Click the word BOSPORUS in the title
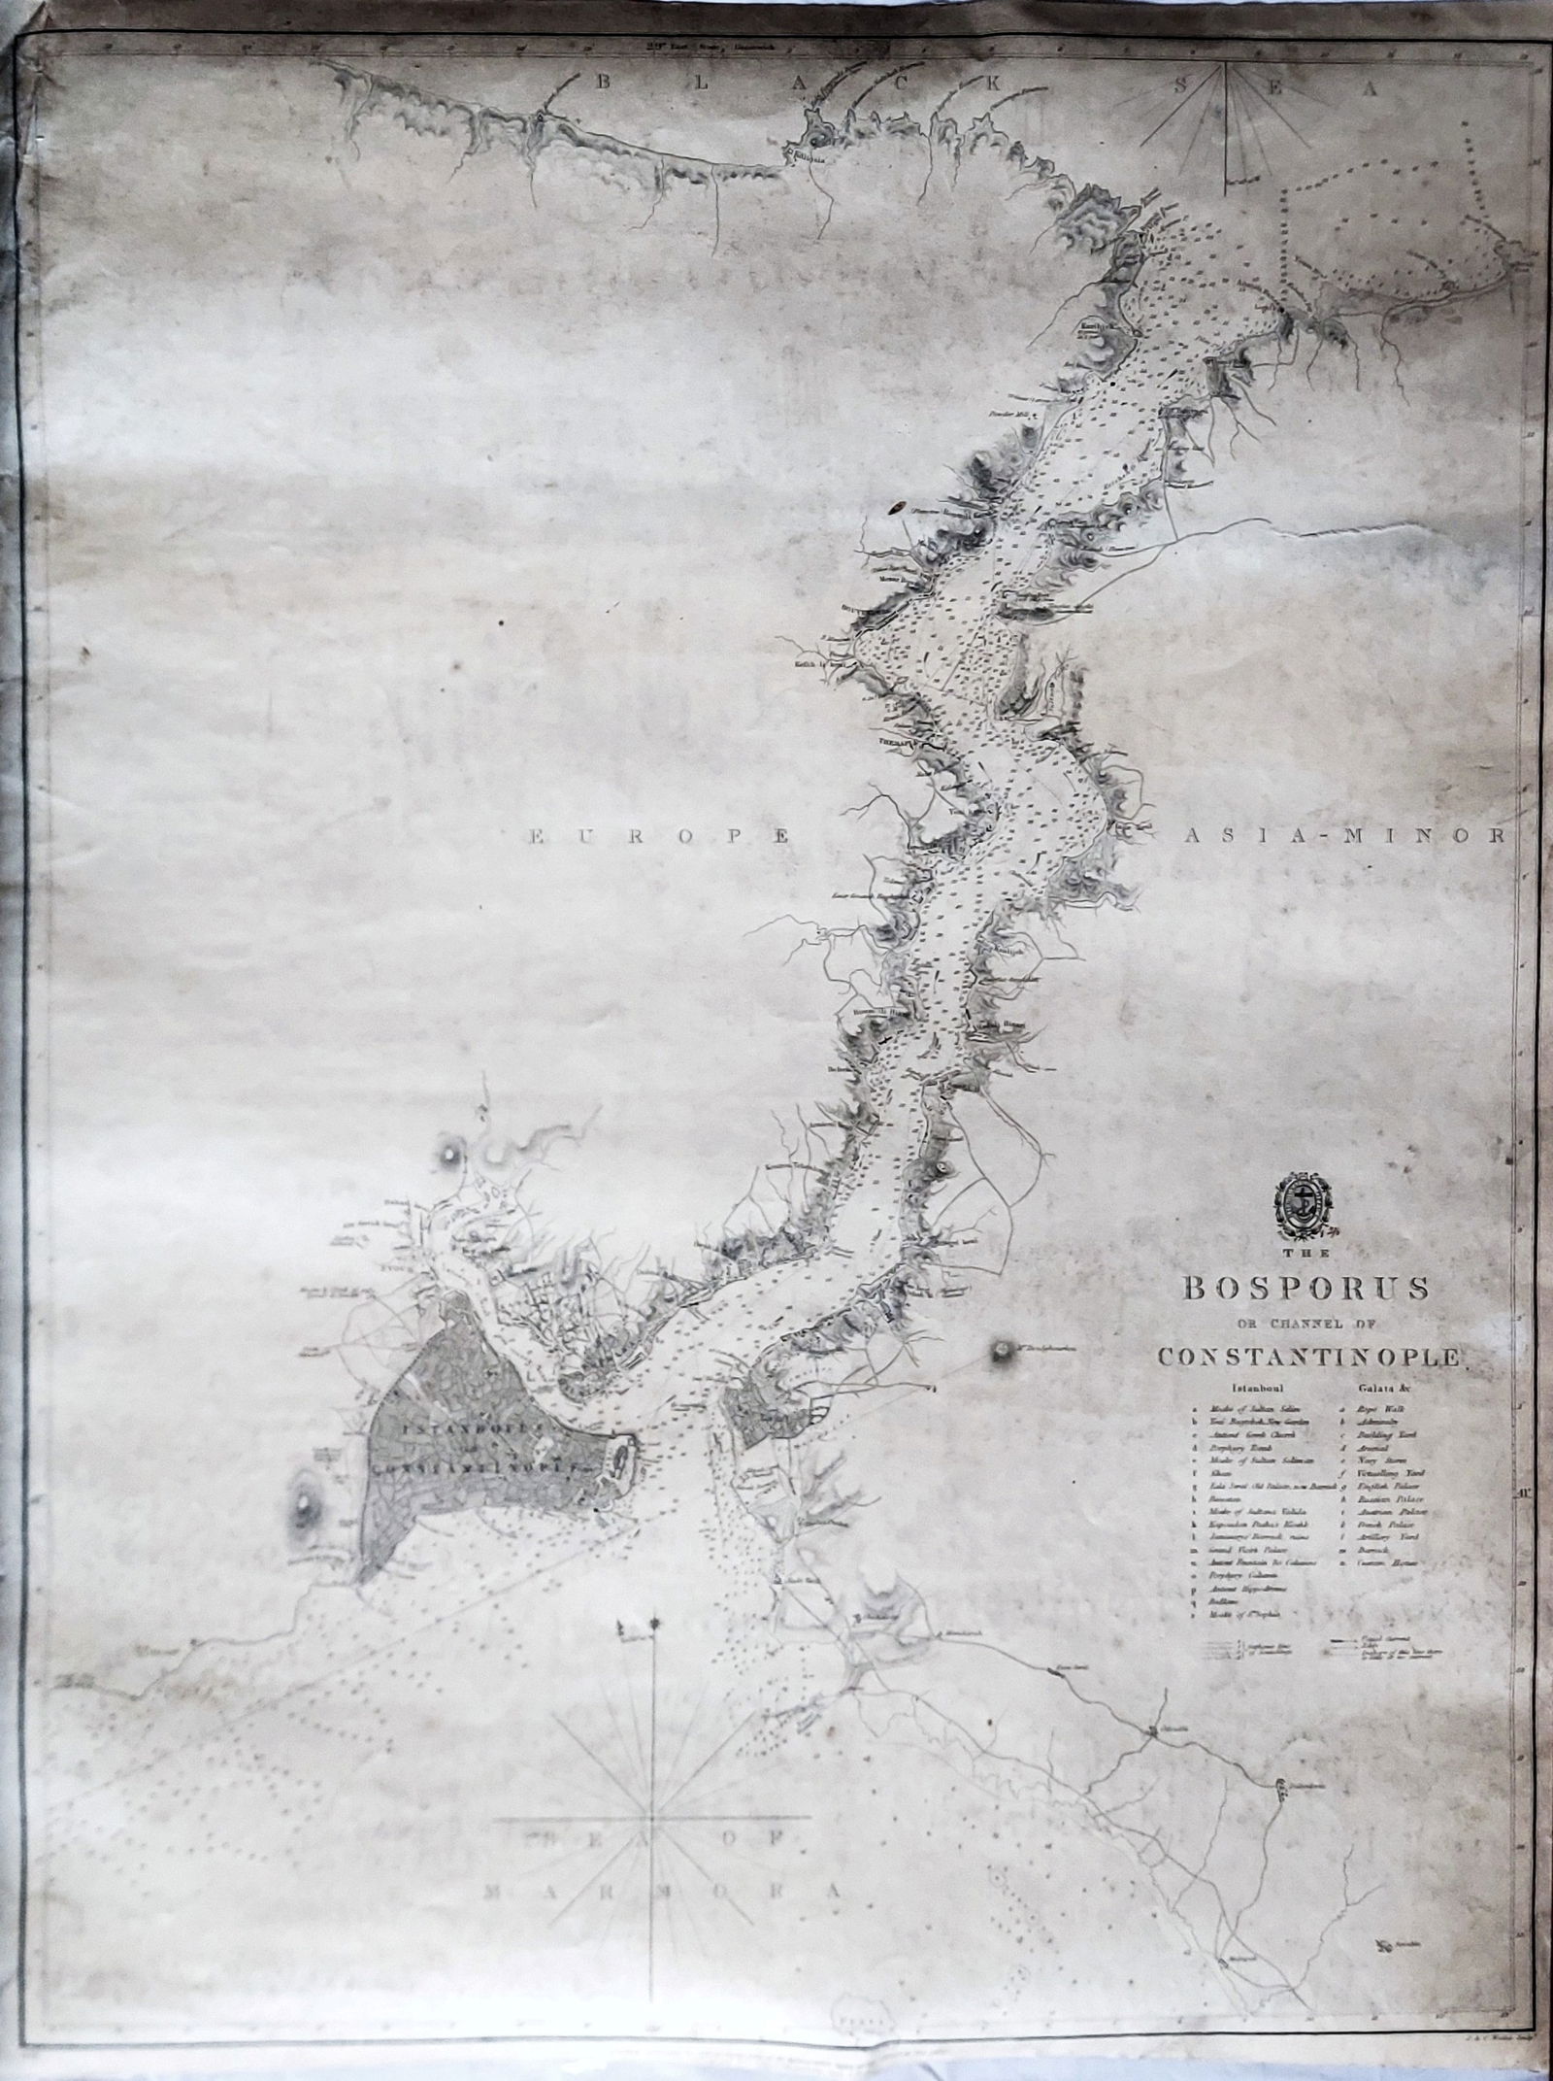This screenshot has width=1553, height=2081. tap(1303, 1288)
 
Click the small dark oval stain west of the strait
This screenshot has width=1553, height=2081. tap(898, 506)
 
